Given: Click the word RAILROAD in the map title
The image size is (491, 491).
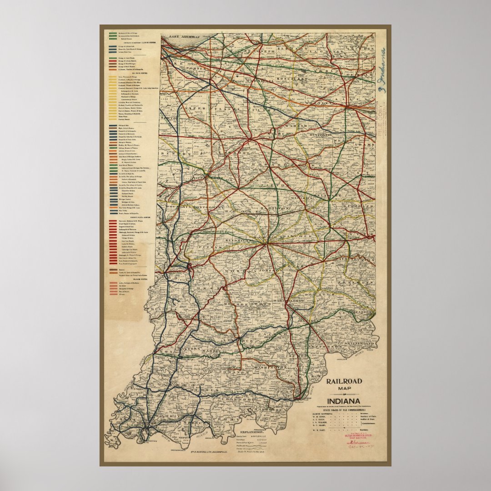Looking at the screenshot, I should click(x=343, y=381).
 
